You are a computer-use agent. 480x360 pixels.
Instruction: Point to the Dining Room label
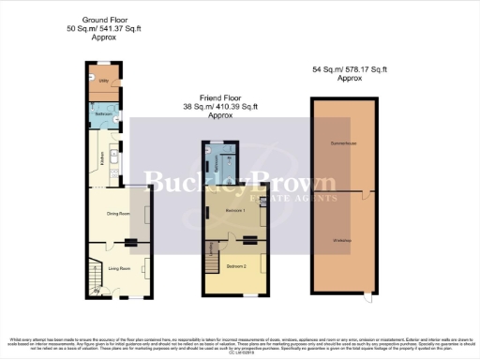pos(117,215)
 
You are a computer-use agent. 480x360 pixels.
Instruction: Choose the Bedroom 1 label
pos(234,211)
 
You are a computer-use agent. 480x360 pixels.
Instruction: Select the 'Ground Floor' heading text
pos(105,19)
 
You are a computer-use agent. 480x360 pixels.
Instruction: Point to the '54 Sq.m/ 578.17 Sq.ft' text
pos(349,69)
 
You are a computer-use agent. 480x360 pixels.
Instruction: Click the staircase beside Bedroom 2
pos(211,257)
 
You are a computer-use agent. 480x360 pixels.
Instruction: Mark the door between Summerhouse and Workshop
pos(366,195)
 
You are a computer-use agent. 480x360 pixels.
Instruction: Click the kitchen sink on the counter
pos(112,169)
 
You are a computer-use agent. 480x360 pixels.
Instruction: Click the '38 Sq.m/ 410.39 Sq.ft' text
pos(220,107)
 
